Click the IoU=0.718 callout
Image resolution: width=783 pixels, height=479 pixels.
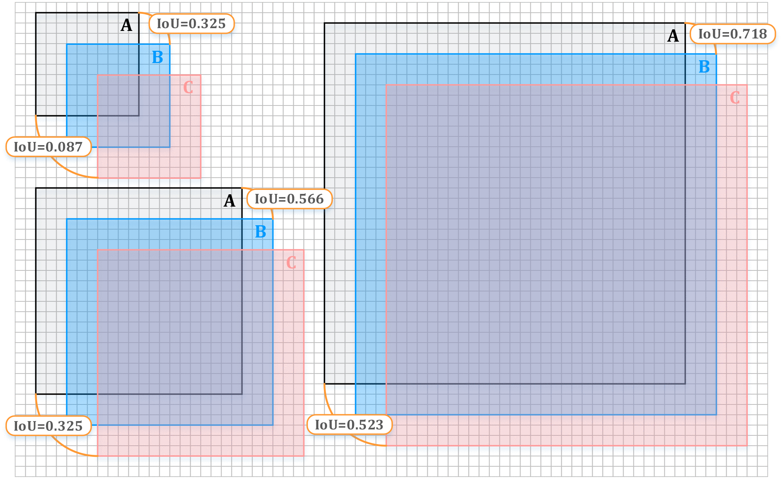(x=732, y=34)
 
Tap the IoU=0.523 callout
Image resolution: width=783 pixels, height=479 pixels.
(x=349, y=425)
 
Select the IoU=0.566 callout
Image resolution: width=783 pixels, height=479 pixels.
(x=289, y=199)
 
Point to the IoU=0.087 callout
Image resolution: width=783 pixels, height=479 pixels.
(x=48, y=147)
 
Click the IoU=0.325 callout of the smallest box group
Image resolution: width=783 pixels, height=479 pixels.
(x=191, y=24)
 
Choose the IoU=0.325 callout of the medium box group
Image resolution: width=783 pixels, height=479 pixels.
(x=48, y=426)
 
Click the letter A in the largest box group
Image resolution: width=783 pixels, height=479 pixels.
(x=673, y=36)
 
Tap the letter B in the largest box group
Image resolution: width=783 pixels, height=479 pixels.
(x=704, y=67)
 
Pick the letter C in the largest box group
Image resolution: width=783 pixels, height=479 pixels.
(x=735, y=98)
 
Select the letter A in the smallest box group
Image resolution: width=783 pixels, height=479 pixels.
(x=126, y=26)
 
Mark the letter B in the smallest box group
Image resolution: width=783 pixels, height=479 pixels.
(x=157, y=57)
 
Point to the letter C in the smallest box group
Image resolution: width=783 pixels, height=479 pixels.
(x=188, y=88)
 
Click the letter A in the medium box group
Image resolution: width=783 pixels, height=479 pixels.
(x=230, y=201)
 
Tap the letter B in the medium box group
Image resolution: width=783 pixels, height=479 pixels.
(x=260, y=232)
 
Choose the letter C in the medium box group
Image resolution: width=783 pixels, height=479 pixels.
(x=291, y=262)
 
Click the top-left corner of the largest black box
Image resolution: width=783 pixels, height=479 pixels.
(x=325, y=23)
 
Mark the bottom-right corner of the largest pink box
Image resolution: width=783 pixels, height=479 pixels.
(x=747, y=446)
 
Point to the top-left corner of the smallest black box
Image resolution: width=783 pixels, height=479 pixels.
(x=36, y=13)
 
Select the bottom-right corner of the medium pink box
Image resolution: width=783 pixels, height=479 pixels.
(x=304, y=456)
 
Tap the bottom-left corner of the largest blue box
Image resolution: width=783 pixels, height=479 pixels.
(x=356, y=415)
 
